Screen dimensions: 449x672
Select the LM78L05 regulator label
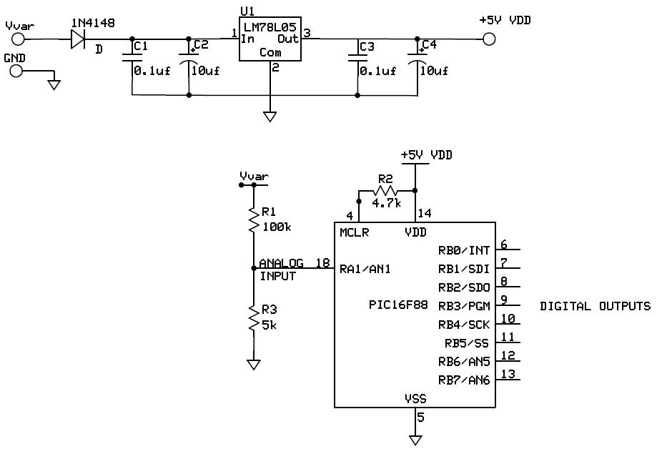[x=270, y=26]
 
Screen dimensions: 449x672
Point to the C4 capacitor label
[x=429, y=45]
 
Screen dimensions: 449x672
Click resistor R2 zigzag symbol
[x=386, y=192]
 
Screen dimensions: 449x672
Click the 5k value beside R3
[x=269, y=324]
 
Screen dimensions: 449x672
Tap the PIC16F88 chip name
[x=398, y=305]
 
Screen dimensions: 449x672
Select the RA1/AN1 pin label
[x=365, y=269]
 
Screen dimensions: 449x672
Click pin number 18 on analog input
[x=323, y=262]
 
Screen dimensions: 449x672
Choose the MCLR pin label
[x=354, y=232]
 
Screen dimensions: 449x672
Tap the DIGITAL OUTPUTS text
[x=595, y=306]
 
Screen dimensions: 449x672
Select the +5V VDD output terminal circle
[x=489, y=39]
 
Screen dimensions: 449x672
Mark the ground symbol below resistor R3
[x=253, y=365]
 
